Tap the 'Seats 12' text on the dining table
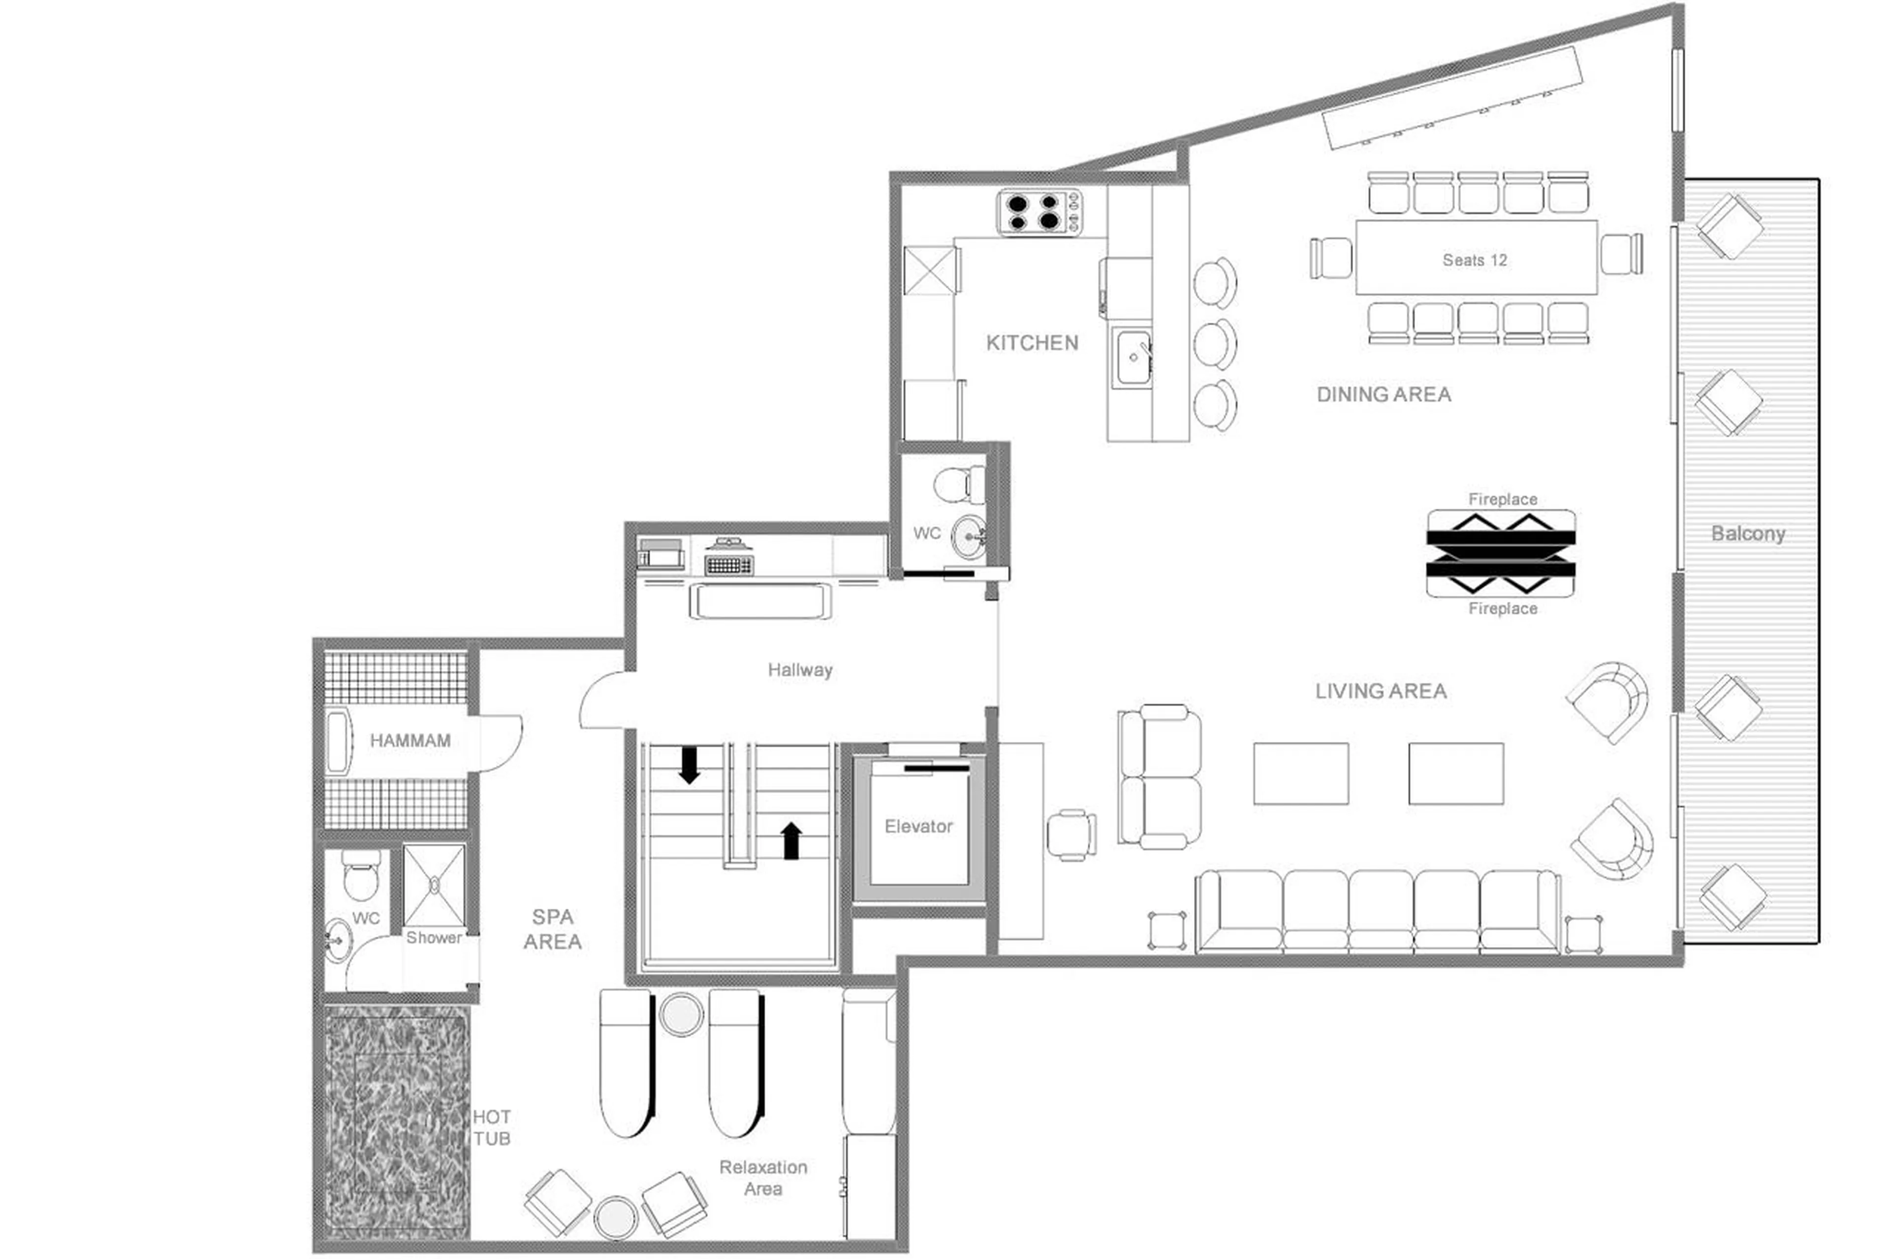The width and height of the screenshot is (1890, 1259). coord(1474,260)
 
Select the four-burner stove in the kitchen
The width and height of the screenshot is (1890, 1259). coord(1039,212)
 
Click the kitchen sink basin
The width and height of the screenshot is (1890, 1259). coord(1133,357)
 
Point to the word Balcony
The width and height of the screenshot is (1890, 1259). coord(1747,533)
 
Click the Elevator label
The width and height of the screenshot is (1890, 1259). coord(918,826)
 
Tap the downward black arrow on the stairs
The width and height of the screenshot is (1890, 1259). coord(689,765)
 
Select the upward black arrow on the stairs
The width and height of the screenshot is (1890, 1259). coord(791,841)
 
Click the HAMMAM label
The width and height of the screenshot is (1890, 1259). coord(409,740)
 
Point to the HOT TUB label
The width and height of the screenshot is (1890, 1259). coord(491,1127)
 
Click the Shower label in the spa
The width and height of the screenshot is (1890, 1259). coord(434,937)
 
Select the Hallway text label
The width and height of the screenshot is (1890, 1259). coord(799,670)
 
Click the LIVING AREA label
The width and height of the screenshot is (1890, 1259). coord(1380,691)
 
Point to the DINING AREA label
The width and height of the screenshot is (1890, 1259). coord(1383,394)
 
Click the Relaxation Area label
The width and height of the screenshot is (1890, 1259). coord(762,1178)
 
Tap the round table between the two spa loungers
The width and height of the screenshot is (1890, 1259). coord(681,1015)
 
